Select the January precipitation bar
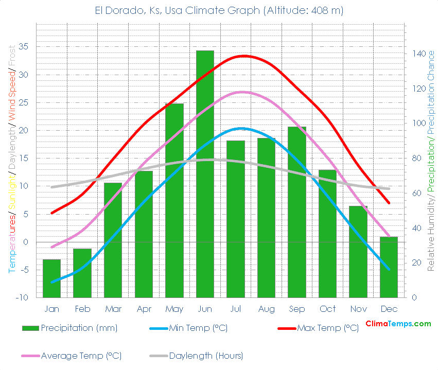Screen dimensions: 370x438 coord(51,278)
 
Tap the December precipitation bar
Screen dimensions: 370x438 coord(389,267)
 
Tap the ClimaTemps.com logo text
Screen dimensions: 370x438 coord(398,324)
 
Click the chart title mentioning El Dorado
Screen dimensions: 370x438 coord(219,10)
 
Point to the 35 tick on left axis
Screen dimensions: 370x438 coord(23,46)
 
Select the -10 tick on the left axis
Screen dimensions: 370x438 coord(22,297)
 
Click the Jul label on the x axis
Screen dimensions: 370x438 coord(236,309)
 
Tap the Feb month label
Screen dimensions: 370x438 coord(82,309)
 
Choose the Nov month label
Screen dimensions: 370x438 coord(358,309)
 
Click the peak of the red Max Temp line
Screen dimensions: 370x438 coord(243,56)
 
